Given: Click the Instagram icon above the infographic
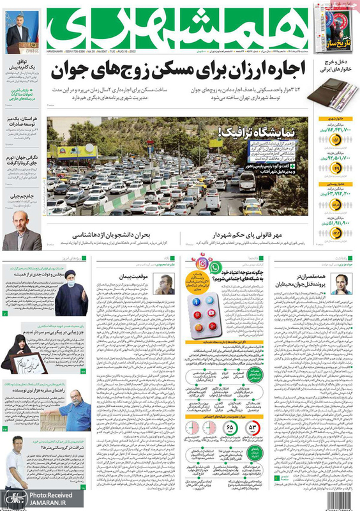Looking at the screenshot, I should pos(219,261).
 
